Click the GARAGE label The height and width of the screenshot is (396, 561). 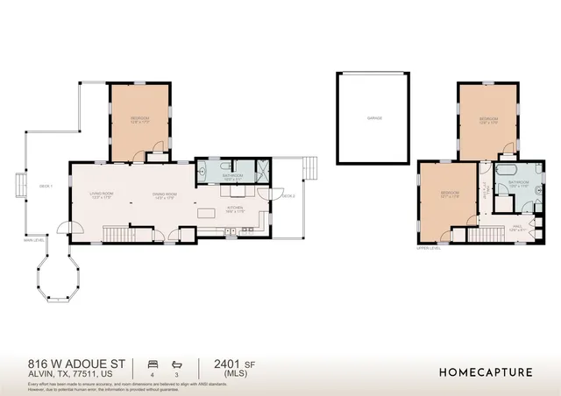coord(374,118)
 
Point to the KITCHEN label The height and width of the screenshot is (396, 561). coord(235,208)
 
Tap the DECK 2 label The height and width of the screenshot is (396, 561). coord(288,195)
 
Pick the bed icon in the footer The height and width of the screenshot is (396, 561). coord(153,362)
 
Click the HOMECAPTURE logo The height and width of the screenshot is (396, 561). coord(485,372)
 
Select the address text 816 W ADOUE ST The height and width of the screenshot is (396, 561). coord(77,363)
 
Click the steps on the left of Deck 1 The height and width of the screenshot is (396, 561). coord(18,186)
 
